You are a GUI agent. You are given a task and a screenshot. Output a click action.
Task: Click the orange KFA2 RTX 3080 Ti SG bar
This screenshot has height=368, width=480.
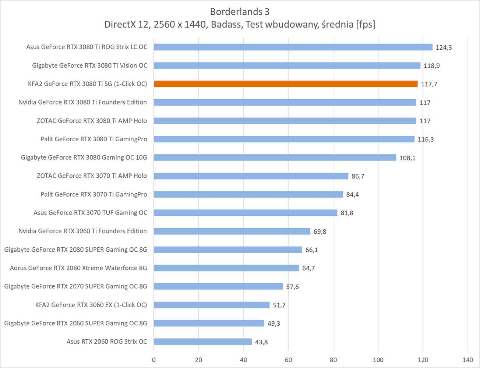click(286, 84)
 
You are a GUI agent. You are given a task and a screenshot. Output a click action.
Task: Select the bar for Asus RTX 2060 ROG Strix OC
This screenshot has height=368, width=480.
click(203, 342)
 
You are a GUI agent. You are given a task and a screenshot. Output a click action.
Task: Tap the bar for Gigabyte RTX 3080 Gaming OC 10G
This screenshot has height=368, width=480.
click(275, 158)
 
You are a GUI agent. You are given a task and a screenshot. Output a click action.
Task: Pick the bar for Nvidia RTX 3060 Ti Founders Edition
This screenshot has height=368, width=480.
click(232, 231)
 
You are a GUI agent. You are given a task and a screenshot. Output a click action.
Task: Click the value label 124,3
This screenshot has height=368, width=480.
click(444, 47)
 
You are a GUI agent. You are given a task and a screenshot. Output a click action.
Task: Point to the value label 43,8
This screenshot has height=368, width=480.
click(261, 342)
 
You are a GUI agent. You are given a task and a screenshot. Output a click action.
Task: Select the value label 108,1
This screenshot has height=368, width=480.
click(407, 158)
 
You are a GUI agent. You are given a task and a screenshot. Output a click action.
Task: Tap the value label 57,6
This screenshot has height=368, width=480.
click(292, 287)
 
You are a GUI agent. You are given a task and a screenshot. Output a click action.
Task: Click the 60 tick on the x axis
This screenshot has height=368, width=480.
click(288, 360)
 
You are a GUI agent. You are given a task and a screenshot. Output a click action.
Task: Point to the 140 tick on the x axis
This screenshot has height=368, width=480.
click(467, 360)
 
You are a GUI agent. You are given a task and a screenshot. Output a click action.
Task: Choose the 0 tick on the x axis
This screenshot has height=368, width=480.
click(154, 360)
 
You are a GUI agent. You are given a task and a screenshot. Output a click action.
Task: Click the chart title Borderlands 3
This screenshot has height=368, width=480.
click(240, 12)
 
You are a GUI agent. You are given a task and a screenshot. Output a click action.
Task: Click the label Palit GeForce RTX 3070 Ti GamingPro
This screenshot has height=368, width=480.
click(94, 194)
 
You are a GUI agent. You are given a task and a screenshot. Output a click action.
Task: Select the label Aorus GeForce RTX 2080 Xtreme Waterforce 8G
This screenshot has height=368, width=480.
click(78, 268)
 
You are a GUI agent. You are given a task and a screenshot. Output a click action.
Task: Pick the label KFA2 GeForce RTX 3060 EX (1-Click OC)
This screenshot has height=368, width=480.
click(91, 305)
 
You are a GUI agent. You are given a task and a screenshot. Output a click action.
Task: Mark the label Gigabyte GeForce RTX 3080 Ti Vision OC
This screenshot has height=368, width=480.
click(89, 66)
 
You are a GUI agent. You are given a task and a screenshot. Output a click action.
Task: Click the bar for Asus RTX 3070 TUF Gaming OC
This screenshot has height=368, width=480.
click(246, 213)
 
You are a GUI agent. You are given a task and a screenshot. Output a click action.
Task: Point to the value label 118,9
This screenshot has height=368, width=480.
click(432, 66)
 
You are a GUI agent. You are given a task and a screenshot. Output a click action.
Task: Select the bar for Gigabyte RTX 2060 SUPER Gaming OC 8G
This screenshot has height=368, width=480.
click(209, 323)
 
